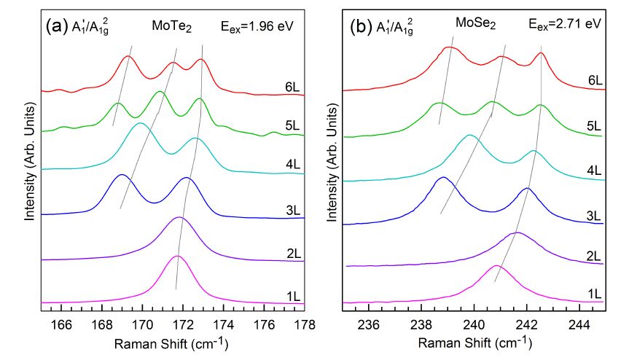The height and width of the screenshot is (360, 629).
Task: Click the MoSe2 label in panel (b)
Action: (476, 25)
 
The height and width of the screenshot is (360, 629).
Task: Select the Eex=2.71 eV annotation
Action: (566, 25)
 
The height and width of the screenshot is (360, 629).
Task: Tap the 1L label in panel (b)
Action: (593, 294)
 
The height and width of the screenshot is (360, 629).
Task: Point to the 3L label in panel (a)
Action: (293, 211)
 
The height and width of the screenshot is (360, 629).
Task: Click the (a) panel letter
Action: (57, 26)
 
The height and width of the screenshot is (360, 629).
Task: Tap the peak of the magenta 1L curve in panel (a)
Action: (177, 257)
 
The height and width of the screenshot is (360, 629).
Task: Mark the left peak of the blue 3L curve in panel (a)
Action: (122, 176)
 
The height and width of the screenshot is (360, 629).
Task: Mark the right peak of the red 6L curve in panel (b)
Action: (541, 52)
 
